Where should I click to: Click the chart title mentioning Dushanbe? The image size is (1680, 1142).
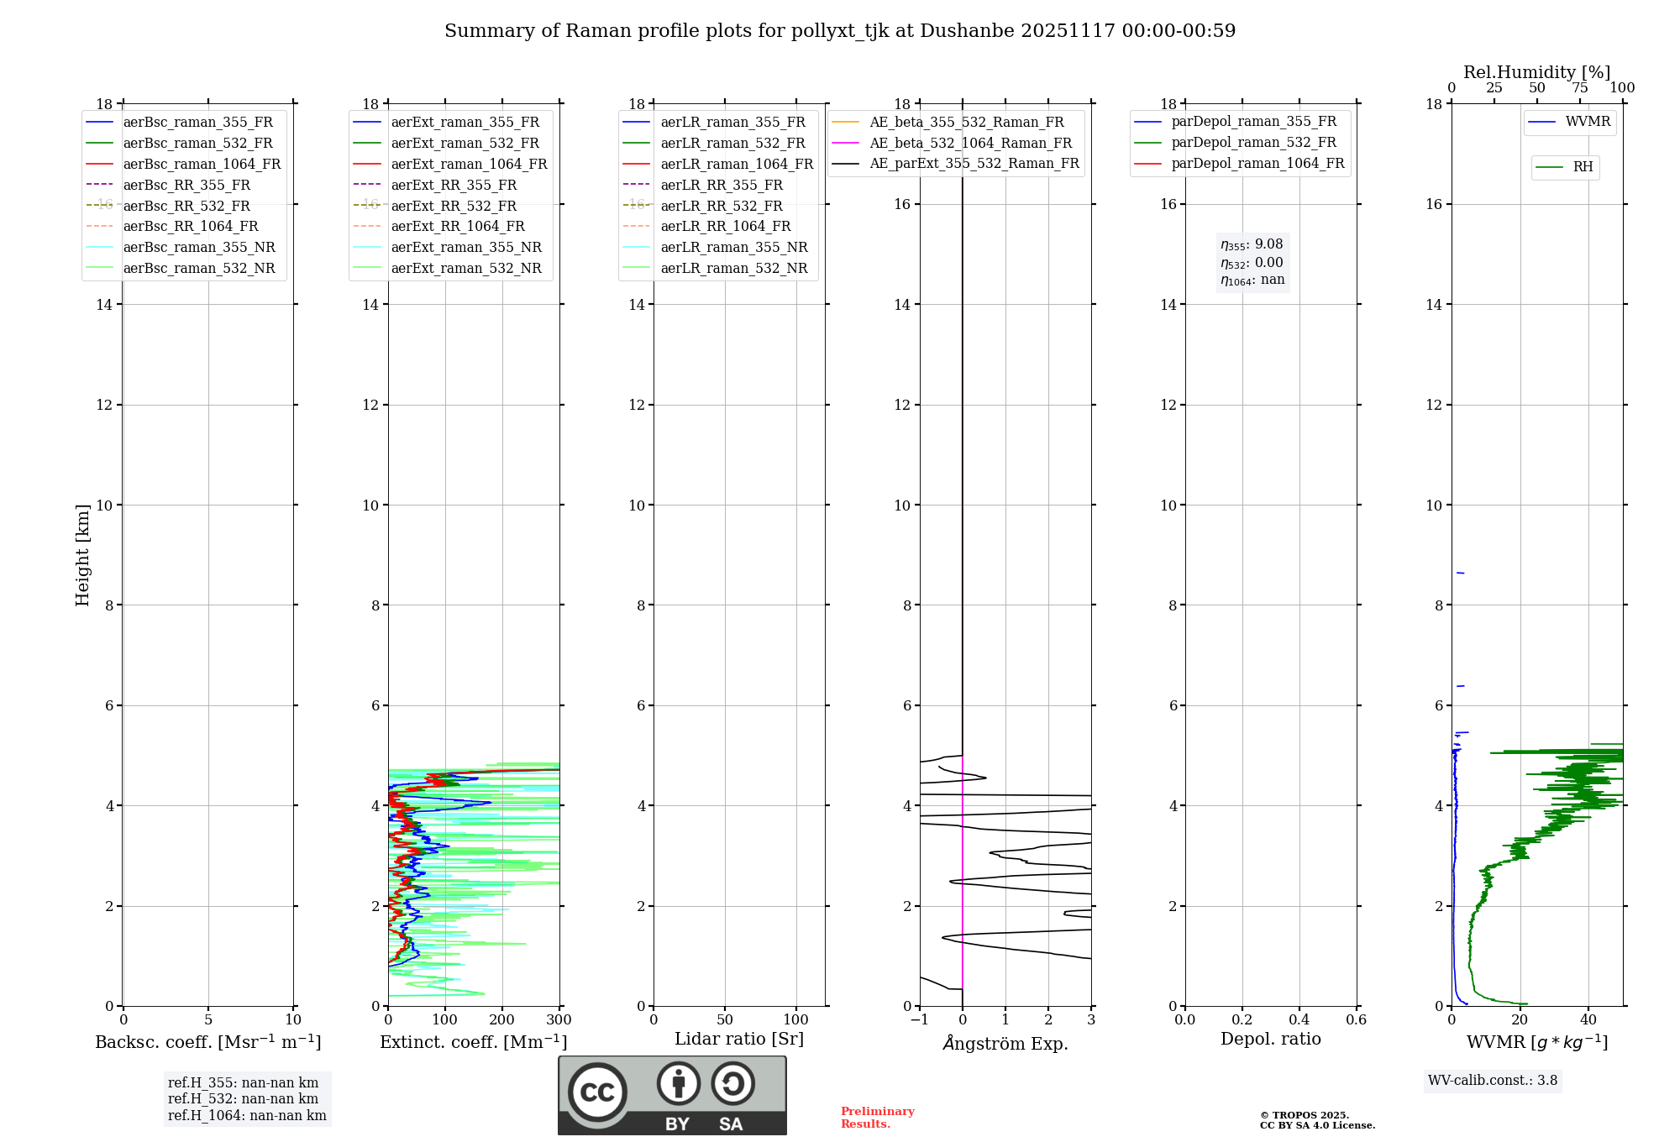[x=840, y=31]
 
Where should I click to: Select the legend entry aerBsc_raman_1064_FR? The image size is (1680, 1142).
[x=202, y=164]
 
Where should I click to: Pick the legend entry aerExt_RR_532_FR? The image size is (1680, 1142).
[x=454, y=206]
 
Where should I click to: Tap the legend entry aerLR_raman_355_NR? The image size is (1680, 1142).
[x=733, y=247]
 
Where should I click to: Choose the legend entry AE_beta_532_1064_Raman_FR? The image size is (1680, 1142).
[x=970, y=143]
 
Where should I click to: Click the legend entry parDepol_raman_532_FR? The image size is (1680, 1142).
[x=1253, y=143]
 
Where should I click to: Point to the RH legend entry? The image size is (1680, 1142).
[x=1583, y=167]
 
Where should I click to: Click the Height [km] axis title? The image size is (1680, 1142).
[x=82, y=555]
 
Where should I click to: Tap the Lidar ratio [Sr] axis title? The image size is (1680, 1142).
[x=739, y=1039]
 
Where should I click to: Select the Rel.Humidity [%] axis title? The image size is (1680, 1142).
[x=1536, y=72]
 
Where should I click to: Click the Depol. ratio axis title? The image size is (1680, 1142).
[x=1270, y=1039]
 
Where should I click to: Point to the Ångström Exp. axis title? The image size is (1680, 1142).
[x=1005, y=1043]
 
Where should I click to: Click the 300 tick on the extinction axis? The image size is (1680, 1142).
[x=559, y=1020]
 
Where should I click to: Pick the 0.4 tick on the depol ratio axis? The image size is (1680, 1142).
[x=1299, y=1020]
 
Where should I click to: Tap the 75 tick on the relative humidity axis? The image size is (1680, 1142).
[x=1579, y=88]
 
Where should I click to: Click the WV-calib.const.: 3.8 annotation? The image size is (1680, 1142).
[x=1493, y=1080]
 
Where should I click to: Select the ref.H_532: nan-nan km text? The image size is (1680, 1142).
[x=243, y=1098]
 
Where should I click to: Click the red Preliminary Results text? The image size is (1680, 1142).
[x=877, y=1117]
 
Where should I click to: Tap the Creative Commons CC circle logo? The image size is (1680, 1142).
[x=597, y=1092]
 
